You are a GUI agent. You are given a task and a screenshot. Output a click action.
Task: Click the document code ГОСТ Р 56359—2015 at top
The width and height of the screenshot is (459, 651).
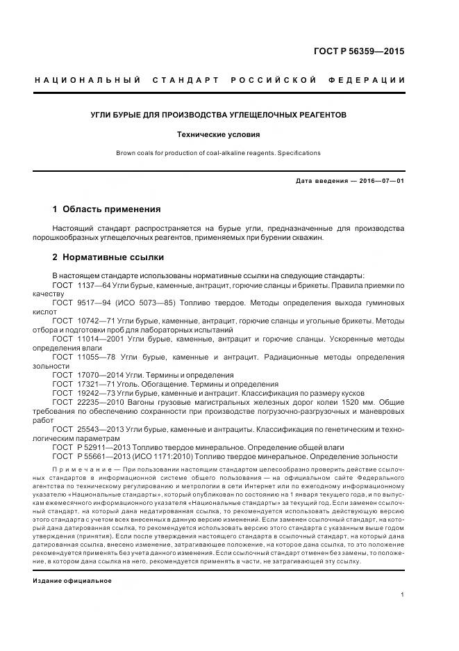point(358,51)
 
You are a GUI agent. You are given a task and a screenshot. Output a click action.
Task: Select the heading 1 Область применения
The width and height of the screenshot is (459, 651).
point(107,209)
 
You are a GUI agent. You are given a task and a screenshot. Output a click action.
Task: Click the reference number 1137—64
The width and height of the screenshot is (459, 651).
point(93,285)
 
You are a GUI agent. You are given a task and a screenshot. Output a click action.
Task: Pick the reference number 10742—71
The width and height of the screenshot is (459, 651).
point(95,321)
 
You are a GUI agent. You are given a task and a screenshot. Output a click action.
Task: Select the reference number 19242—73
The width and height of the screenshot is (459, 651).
point(95,393)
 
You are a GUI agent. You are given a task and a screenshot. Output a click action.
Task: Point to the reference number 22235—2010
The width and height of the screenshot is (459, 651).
point(99,402)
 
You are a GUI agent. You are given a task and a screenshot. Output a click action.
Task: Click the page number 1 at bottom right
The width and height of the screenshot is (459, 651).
point(403,595)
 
